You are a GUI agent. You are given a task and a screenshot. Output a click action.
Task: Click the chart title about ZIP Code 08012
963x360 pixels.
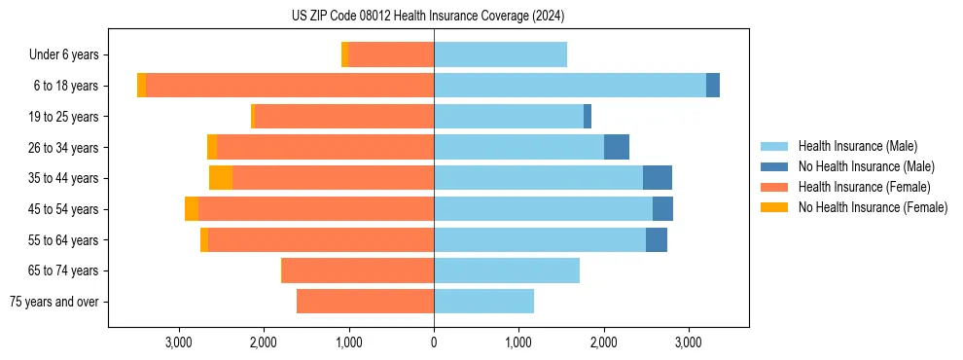428,17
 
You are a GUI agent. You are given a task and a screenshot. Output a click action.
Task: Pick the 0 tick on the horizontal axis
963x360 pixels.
434,342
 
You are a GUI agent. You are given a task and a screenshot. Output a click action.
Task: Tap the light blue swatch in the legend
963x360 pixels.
775,146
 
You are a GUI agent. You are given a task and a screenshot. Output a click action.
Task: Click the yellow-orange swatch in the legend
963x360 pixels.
775,207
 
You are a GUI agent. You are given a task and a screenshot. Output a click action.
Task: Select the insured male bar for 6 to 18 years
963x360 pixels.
569,86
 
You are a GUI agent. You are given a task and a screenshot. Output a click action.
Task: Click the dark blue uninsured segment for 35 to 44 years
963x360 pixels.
658,178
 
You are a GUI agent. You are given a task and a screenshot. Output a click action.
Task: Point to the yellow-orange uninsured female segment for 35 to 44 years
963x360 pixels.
221,178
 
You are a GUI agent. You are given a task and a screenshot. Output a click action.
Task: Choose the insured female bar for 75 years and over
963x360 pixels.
365,302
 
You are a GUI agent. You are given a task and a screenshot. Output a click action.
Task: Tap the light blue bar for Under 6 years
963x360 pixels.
500,54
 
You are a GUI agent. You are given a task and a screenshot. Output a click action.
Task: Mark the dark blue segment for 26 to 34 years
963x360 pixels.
617,147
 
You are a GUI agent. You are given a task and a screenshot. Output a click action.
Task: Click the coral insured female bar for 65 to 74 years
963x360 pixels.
358,270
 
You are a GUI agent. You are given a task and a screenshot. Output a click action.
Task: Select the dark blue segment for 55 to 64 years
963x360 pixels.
657,239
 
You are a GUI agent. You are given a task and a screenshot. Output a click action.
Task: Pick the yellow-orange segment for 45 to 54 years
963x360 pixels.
192,209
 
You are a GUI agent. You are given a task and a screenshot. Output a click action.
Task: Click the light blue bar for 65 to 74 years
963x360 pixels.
507,270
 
